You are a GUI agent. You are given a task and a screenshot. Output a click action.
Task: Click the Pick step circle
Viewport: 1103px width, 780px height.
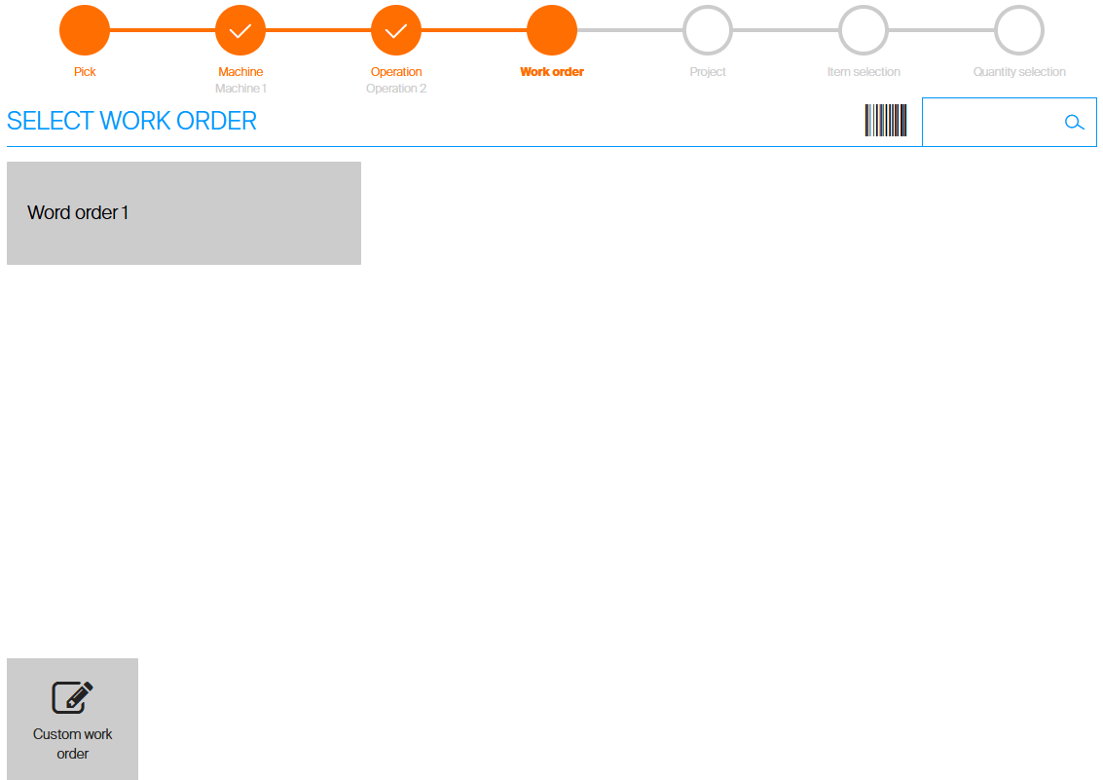pyautogui.click(x=85, y=30)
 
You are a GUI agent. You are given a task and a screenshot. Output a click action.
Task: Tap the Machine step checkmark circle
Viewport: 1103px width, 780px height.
pyautogui.click(x=240, y=30)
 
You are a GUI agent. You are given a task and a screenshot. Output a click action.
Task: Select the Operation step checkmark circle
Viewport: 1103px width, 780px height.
pyautogui.click(x=396, y=30)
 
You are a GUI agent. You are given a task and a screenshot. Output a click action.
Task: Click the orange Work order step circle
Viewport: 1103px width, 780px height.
pyautogui.click(x=552, y=30)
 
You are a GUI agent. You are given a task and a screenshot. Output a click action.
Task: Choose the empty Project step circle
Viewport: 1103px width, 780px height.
pyautogui.click(x=708, y=30)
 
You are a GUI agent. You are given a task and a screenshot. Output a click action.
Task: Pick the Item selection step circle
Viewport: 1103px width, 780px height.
pyautogui.click(x=864, y=30)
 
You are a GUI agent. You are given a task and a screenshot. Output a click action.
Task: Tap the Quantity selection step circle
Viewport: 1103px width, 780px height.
pyautogui.click(x=1019, y=30)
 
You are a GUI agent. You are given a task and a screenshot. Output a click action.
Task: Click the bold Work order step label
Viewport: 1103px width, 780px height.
pyautogui.click(x=552, y=72)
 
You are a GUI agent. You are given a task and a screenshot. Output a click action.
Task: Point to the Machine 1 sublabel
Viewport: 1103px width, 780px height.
pyautogui.click(x=240, y=89)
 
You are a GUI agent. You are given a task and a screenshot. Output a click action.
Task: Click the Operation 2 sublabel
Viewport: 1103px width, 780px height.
pyautogui.click(x=396, y=89)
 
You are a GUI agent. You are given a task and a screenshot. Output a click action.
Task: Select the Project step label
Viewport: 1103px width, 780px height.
pyautogui.click(x=708, y=72)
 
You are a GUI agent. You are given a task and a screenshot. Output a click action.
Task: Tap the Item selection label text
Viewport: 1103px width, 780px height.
pyautogui.click(x=864, y=72)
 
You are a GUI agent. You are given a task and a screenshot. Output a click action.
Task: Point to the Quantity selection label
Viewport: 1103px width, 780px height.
pyautogui.click(x=1019, y=72)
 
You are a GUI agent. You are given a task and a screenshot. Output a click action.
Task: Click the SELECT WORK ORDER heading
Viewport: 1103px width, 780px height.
pyautogui.click(x=132, y=121)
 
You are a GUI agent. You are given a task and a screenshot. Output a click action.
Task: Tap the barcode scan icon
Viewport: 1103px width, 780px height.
pyautogui.click(x=886, y=121)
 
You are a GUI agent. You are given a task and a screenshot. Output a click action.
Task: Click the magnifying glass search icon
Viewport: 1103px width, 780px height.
pyautogui.click(x=1075, y=123)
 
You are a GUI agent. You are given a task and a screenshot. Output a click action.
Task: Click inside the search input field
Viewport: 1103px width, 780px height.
pyautogui.click(x=988, y=123)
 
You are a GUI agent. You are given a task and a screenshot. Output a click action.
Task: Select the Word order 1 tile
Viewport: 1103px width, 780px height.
pyautogui.click(x=184, y=213)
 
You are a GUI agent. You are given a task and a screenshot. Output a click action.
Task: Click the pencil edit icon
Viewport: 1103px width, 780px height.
pyautogui.click(x=73, y=696)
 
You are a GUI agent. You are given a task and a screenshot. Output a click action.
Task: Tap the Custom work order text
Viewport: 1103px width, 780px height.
pyautogui.click(x=73, y=744)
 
